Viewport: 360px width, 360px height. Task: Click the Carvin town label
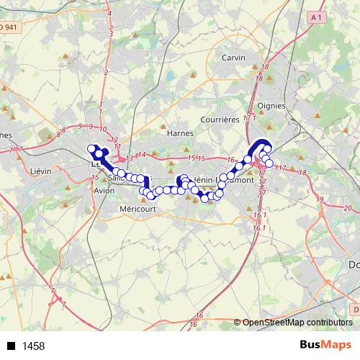(234, 58)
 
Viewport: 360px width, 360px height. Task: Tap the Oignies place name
(272, 105)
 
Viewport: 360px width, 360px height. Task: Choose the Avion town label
(104, 191)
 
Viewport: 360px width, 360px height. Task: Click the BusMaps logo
(325, 345)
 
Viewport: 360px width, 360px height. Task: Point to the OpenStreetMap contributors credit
(298, 323)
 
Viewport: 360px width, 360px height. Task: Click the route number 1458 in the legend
(33, 346)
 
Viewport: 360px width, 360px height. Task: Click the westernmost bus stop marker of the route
(91, 149)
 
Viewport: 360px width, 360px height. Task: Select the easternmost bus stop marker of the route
(269, 163)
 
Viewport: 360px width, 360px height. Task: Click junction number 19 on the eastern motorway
(318, 199)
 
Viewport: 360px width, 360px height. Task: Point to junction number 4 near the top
(109, 14)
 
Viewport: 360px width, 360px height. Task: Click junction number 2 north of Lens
(106, 72)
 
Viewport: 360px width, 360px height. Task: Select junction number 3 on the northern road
(112, 33)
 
